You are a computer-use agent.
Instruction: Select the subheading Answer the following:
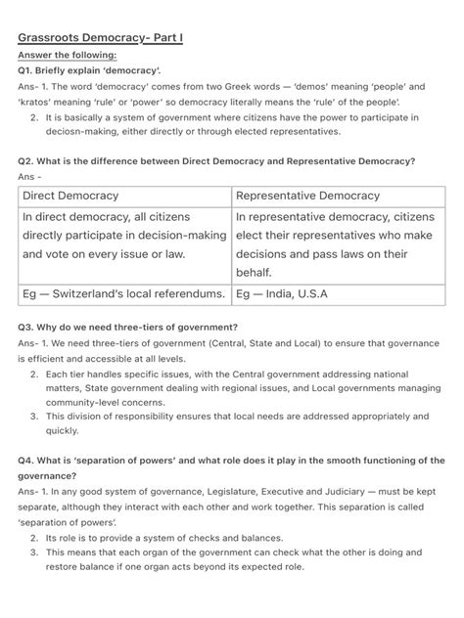coord(67,56)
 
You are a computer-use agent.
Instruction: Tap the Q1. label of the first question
coord(29,72)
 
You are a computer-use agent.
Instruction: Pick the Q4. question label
coord(29,460)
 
